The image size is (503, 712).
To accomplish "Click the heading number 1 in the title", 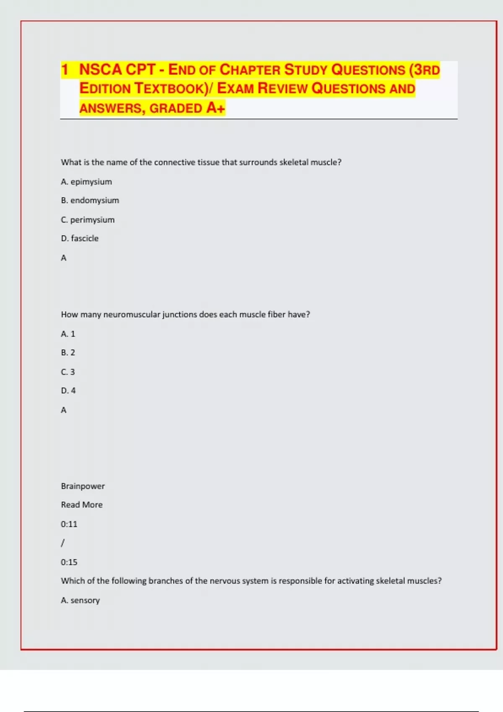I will (65, 70).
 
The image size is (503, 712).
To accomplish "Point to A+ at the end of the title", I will (215, 108).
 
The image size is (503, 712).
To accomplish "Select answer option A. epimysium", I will (86, 182).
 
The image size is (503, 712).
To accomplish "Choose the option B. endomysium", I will (90, 201).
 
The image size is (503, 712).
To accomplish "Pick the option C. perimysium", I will (88, 220).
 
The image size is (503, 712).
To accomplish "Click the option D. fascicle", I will (80, 238).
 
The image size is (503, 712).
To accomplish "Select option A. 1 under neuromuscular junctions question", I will (68, 334).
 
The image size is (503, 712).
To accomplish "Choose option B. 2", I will (68, 353).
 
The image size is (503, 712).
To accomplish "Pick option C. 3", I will (68, 372).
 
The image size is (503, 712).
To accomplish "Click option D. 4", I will (68, 391).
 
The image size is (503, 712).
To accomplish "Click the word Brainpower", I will (83, 486).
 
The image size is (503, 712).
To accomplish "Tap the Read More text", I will (82, 505).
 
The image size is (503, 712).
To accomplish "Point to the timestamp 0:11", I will (69, 524).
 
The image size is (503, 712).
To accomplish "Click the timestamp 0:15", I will (69, 562).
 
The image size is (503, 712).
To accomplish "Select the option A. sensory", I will (80, 600).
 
